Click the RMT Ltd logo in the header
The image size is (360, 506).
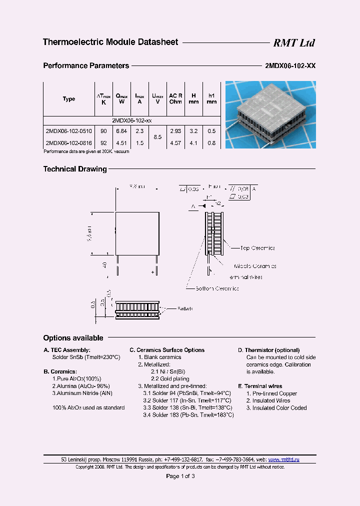(x=293, y=43)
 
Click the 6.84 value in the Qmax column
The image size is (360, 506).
(x=121, y=130)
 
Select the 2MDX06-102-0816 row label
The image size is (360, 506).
(x=68, y=143)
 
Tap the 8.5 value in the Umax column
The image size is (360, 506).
(x=157, y=136)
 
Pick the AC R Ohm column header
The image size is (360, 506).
(x=175, y=98)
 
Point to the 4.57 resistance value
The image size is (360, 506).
(x=175, y=143)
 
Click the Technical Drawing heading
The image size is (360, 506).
(x=75, y=169)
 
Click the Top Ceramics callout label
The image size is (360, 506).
(x=257, y=248)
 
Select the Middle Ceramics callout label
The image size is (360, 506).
(x=254, y=266)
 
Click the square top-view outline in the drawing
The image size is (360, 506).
(x=137, y=233)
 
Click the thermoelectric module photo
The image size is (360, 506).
(x=270, y=115)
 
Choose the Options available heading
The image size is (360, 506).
(x=73, y=338)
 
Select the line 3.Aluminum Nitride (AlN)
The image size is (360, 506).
(x=82, y=393)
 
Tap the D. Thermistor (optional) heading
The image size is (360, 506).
(x=268, y=350)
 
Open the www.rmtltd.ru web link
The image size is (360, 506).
(x=283, y=459)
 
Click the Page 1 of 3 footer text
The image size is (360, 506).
(x=180, y=476)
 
